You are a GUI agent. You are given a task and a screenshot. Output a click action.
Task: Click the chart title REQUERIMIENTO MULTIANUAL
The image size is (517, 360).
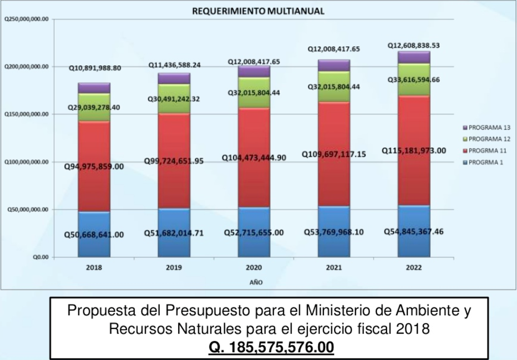pyautogui.click(x=258, y=11)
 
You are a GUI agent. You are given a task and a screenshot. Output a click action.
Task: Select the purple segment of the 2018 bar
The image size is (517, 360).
pyautogui.click(x=94, y=88)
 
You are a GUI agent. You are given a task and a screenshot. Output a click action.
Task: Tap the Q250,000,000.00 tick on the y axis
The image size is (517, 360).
pyautogui.click(x=26, y=19)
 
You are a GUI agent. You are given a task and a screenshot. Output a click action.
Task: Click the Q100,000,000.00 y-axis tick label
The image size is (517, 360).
pyautogui.click(x=26, y=162)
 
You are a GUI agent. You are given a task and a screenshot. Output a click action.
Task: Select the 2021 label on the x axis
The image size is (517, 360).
pyautogui.click(x=334, y=267)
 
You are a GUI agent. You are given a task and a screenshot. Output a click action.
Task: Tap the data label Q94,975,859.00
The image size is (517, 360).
pyautogui.click(x=93, y=166)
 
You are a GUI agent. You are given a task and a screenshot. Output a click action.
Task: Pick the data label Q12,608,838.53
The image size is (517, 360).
pyautogui.click(x=413, y=45)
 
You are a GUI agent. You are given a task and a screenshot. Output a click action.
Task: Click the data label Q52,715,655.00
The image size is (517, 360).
pyautogui.click(x=253, y=233)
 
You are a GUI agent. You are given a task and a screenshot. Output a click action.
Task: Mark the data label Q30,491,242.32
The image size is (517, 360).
pyautogui.click(x=174, y=99)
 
